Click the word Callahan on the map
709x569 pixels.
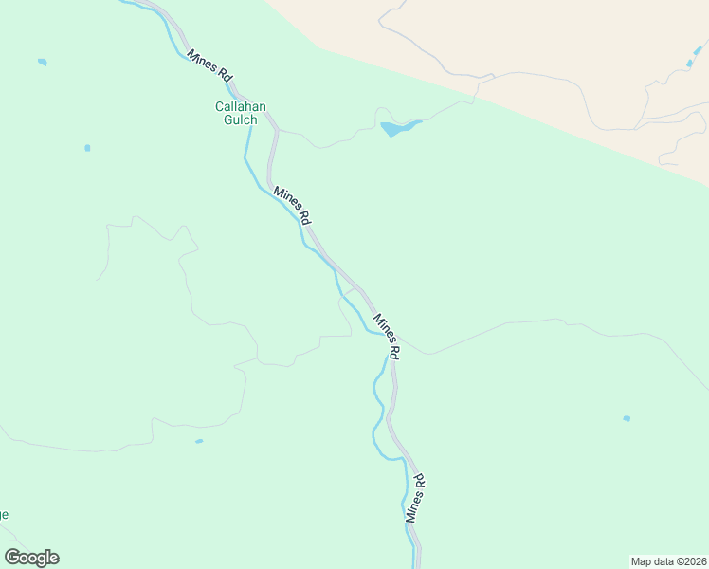pyautogui.click(x=236, y=107)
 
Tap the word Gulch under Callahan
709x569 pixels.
pyautogui.click(x=236, y=120)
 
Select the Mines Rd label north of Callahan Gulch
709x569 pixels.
pyautogui.click(x=209, y=65)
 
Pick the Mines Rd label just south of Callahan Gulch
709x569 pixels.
pyautogui.click(x=293, y=205)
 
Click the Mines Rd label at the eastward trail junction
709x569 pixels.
pyautogui.click(x=387, y=336)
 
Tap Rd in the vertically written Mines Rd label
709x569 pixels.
pyautogui.click(x=420, y=481)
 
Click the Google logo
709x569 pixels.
pyautogui.click(x=31, y=558)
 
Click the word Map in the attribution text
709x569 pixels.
pyautogui.click(x=642, y=560)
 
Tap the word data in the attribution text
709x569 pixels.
pyautogui.click(x=664, y=560)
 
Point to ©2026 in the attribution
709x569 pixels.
pyautogui.click(x=692, y=560)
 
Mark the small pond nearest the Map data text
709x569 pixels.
pyautogui.click(x=627, y=418)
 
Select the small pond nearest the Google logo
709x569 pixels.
pyautogui.click(x=198, y=441)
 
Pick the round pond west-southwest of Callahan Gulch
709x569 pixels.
pyautogui.click(x=87, y=148)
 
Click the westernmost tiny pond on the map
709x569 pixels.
pyautogui.click(x=42, y=63)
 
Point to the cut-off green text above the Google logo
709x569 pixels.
pyautogui.click(x=4, y=515)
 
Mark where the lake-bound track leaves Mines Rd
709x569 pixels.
pyautogui.click(x=277, y=130)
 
